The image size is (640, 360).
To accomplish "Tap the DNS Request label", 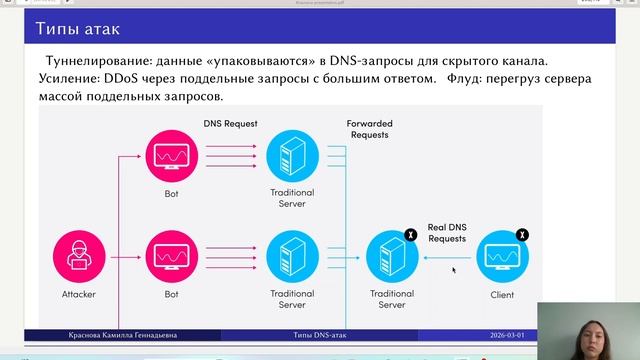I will pos(231,124).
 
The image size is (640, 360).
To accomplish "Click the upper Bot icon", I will pos(171,155).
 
